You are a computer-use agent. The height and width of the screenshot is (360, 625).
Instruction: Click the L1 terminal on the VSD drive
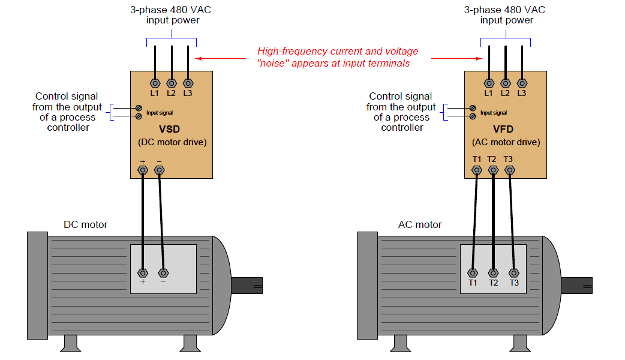point(155,83)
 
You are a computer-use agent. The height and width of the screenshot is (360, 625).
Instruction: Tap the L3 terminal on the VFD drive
point(522,83)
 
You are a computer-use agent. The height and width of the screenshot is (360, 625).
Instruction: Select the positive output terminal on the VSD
point(143,170)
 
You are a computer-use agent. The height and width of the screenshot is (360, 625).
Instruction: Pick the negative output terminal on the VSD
point(160,170)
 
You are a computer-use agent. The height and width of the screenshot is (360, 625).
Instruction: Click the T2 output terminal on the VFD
point(493,170)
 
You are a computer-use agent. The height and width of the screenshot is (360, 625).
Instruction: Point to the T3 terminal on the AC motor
point(514,273)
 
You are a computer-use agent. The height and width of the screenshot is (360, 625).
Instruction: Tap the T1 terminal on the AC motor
point(473,273)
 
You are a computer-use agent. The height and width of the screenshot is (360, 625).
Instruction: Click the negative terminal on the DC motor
point(163,273)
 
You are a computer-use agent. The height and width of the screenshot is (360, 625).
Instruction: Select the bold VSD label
point(169,129)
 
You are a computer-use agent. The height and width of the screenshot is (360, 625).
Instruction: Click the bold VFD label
point(503,129)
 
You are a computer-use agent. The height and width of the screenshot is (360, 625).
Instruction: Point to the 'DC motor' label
point(86,224)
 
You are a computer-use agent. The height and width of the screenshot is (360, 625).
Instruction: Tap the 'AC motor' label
point(420,224)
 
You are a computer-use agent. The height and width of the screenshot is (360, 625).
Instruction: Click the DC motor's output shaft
point(247,286)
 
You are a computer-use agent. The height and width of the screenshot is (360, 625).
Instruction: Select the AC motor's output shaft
point(577,286)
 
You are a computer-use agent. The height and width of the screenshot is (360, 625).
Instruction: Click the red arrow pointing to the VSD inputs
point(220,59)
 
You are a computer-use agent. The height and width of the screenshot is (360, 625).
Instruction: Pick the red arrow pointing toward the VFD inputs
point(457,59)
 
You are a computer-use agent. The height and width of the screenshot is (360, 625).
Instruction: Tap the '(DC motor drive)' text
point(172,142)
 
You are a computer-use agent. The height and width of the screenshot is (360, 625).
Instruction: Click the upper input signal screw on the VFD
point(473,108)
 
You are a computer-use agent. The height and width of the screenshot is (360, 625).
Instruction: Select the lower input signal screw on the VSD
point(139,116)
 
